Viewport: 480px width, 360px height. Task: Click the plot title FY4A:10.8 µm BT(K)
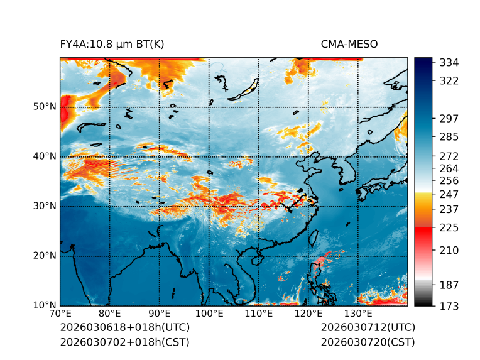coord(112,44)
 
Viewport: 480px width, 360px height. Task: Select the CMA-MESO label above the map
coord(349,44)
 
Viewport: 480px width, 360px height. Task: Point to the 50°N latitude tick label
coord(45,106)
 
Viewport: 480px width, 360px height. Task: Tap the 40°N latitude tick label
coord(45,156)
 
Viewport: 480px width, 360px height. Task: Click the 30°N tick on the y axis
coord(45,206)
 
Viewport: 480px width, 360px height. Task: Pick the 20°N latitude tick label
coord(45,256)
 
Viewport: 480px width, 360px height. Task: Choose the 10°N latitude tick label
coord(45,305)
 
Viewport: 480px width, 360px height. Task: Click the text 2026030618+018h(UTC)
coord(124,328)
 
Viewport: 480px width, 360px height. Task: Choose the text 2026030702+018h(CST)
coord(124,342)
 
